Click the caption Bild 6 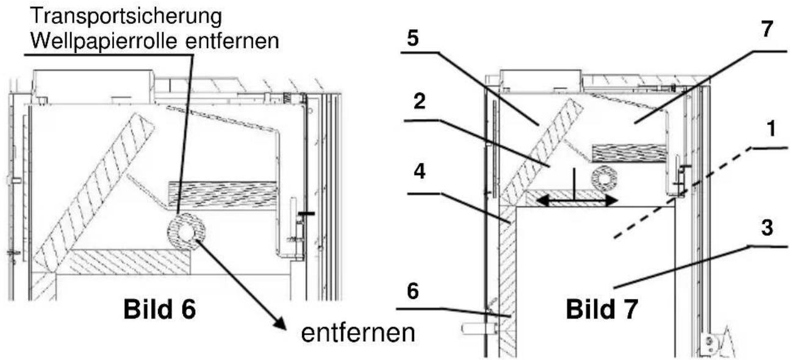tap(159, 310)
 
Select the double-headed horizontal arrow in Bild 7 tap(577, 200)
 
